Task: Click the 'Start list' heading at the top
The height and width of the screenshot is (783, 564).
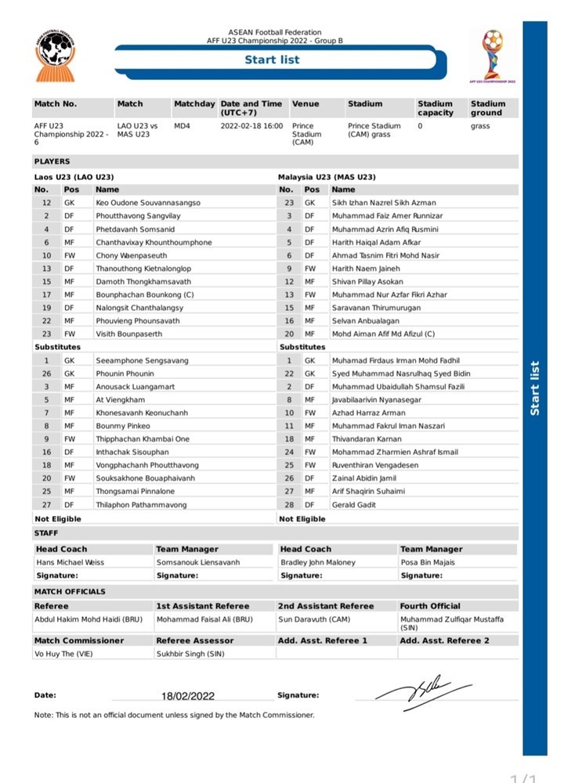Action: point(272,60)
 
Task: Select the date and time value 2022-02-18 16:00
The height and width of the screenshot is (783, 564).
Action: point(251,125)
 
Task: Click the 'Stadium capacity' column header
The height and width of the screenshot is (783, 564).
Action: point(436,108)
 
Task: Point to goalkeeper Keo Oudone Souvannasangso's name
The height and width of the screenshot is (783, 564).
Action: point(148,202)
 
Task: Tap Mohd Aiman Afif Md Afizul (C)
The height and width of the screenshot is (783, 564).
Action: point(384,334)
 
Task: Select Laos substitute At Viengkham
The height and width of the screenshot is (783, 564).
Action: point(120,399)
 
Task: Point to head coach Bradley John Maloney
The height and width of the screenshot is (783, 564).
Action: point(317,562)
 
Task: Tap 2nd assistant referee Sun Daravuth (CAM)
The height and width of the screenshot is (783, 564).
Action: point(313,619)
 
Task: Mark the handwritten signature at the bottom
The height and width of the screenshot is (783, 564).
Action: point(422,691)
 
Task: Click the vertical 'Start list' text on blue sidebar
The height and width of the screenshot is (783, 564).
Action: point(535,388)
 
